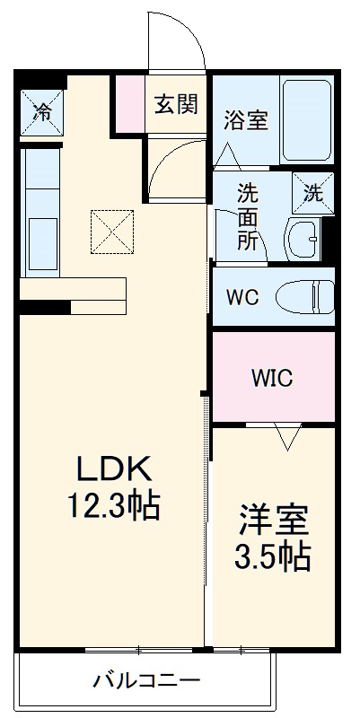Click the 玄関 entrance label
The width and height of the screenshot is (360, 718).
coord(175,104)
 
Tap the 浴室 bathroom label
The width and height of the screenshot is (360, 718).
coord(246,121)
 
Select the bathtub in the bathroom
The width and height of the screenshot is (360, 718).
coord(306,120)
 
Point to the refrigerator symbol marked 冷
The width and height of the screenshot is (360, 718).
coord(42,110)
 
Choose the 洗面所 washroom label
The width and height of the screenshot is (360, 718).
coord(247,215)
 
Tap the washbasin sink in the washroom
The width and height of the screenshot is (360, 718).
coord(303,238)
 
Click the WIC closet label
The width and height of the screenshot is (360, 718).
coord(272,378)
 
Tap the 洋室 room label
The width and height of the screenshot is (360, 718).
coord(274,521)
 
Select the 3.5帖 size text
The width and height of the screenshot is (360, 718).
coord(274,558)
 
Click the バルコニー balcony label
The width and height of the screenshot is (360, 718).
coord(146,679)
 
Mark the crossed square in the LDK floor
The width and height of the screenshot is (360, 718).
coord(111,232)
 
